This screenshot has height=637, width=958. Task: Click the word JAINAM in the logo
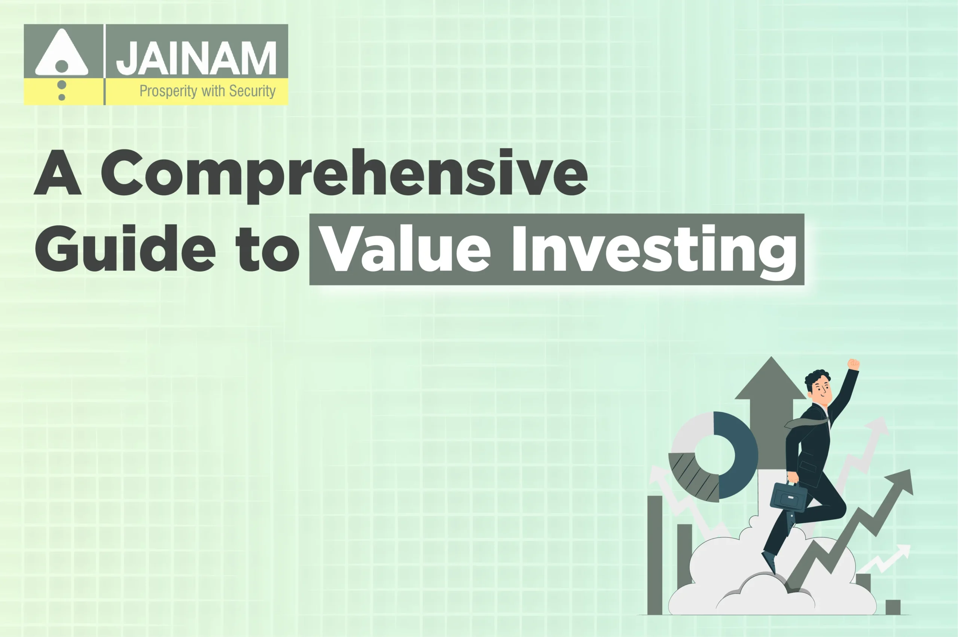pos(196,58)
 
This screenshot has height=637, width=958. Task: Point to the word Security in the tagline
pos(252,91)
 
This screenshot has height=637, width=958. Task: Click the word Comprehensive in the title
pos(344,173)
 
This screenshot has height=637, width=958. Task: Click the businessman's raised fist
pos(854,364)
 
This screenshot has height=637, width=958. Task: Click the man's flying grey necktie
pos(806,423)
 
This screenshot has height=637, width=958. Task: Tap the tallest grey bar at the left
pos(655,555)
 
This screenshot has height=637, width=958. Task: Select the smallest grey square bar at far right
pos(893,607)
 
